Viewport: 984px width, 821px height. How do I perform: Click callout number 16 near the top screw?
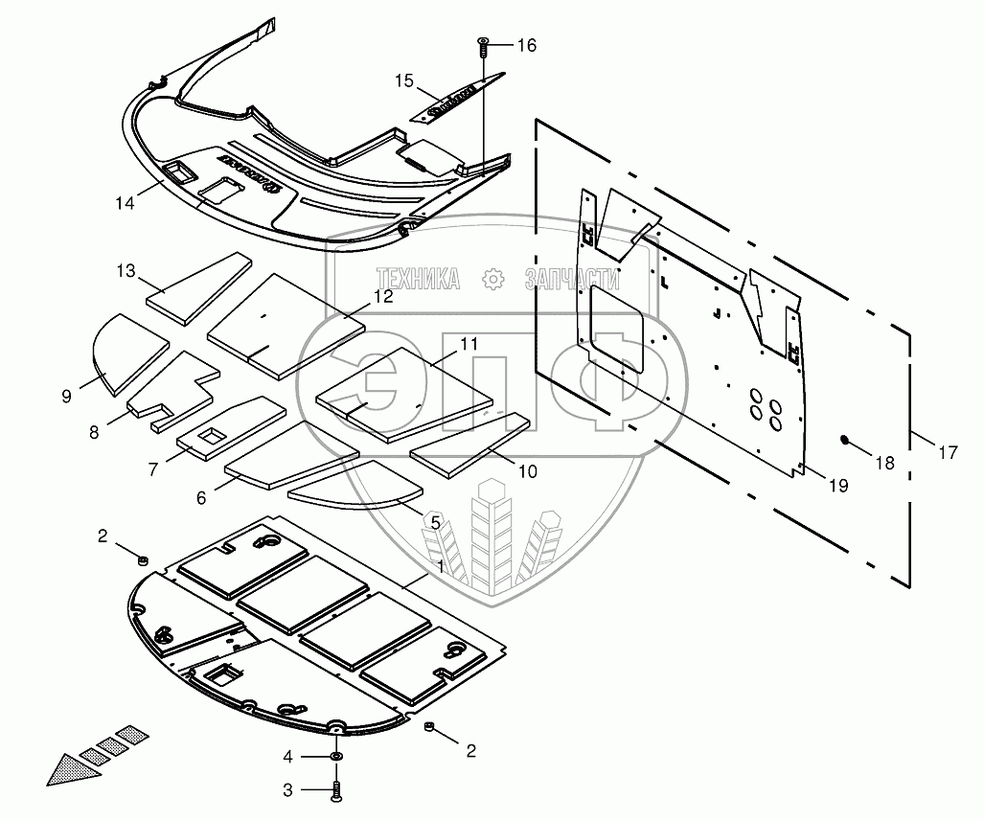point(527,45)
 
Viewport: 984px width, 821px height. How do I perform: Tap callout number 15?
point(403,81)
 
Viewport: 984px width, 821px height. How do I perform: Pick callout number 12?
point(382,297)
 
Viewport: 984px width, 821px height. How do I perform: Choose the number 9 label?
point(66,395)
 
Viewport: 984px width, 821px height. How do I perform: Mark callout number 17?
point(947,453)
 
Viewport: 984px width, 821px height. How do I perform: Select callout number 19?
point(837,486)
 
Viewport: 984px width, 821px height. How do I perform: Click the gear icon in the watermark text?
point(493,279)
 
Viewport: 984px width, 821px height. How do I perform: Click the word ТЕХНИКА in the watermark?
point(418,279)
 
